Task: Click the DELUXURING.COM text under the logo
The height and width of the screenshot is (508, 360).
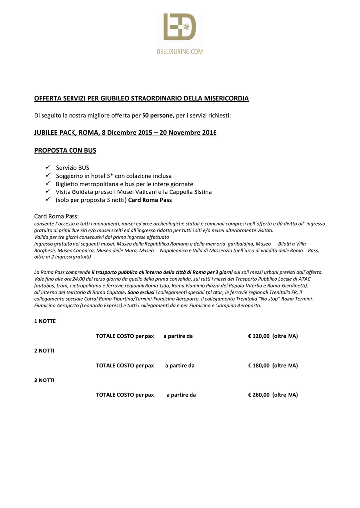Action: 180,51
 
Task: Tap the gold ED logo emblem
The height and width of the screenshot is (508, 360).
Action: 180,28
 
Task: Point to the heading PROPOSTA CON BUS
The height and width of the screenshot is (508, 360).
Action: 65,150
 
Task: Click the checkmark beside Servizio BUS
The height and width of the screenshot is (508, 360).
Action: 48,168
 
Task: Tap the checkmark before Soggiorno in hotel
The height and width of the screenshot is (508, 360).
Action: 48,176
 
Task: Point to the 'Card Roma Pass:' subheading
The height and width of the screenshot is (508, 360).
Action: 56,216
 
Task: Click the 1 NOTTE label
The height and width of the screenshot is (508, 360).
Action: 45,321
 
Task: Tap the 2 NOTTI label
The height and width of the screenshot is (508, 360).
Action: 44,351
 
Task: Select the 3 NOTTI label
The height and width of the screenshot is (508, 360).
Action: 44,380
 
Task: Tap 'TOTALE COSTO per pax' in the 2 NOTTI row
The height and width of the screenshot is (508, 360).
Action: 125,366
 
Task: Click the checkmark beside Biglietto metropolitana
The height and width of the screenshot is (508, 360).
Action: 48,184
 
